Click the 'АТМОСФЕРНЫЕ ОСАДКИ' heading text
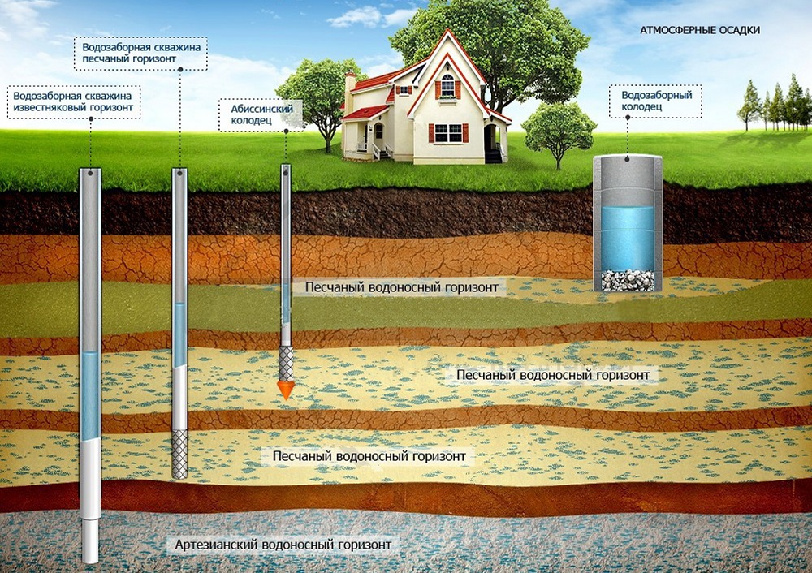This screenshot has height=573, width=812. point(700,30)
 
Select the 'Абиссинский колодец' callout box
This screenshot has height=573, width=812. point(260,114)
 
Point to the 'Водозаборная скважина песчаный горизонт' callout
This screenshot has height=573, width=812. point(140,54)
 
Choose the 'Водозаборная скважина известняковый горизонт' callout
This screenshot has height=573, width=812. point(74,102)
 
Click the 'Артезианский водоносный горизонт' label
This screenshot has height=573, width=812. point(283,545)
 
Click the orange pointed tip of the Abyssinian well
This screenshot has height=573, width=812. point(285,391)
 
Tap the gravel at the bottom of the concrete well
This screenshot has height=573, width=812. point(627,280)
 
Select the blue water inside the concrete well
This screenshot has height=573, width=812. point(627,238)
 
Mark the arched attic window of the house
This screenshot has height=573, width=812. point(447,85)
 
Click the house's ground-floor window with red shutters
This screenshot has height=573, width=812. point(448,133)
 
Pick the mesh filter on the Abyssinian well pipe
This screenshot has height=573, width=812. point(286,364)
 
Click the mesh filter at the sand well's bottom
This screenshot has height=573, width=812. point(179,454)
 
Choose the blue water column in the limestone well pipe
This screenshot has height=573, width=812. point(90,396)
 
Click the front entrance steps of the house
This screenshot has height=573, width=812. point(382,152)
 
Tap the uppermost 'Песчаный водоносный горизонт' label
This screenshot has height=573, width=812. point(401,287)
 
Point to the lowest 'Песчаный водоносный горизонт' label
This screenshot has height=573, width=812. point(369,457)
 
